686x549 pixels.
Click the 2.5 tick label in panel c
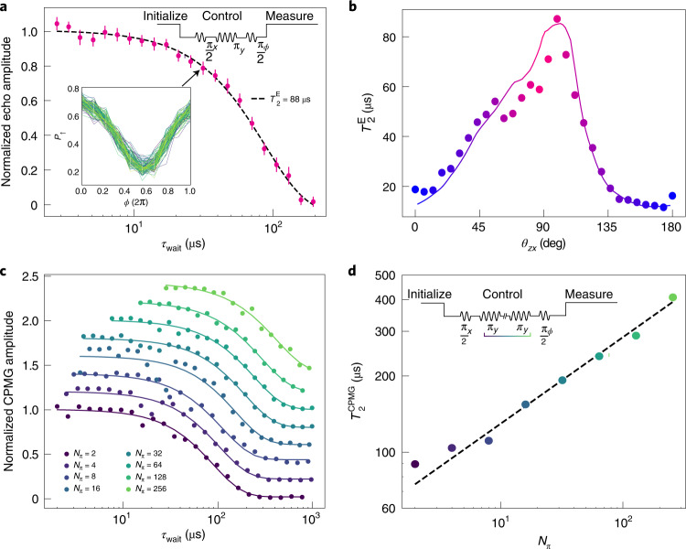coord(27,276)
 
